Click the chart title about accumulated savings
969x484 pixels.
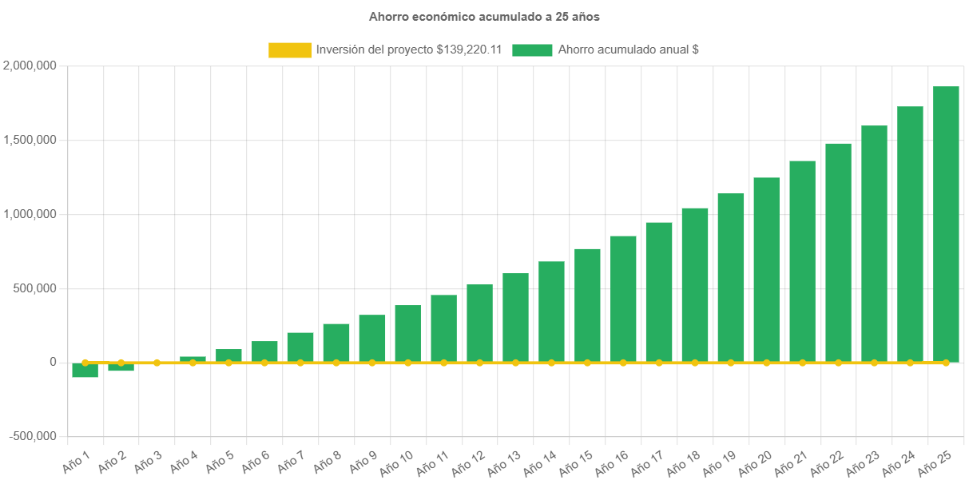tap(484, 16)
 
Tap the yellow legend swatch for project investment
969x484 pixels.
tap(290, 50)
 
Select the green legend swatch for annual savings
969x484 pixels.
tap(532, 50)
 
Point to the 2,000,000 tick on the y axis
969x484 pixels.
tap(30, 65)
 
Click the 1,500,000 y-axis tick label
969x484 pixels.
tap(30, 140)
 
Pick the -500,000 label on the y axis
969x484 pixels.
tap(33, 436)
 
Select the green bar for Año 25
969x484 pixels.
tap(946, 224)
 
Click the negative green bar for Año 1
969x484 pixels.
tap(85, 371)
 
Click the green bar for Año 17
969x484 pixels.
tap(659, 292)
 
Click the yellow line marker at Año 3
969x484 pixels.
tap(157, 363)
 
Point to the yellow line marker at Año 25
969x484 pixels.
tap(946, 363)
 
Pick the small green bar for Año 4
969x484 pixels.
tap(193, 359)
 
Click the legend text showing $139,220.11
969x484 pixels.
tap(408, 50)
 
